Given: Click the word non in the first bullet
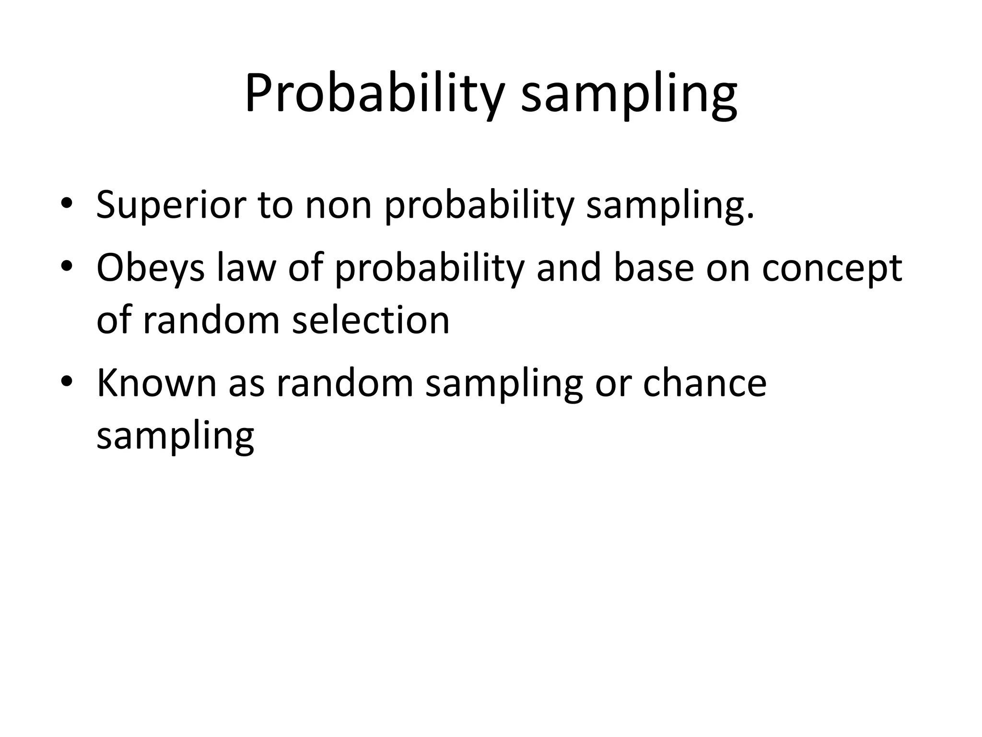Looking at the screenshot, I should pyautogui.click(x=339, y=205).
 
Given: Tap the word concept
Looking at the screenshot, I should pyautogui.click(x=832, y=269).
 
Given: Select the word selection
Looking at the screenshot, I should pyautogui.click(x=371, y=320).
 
